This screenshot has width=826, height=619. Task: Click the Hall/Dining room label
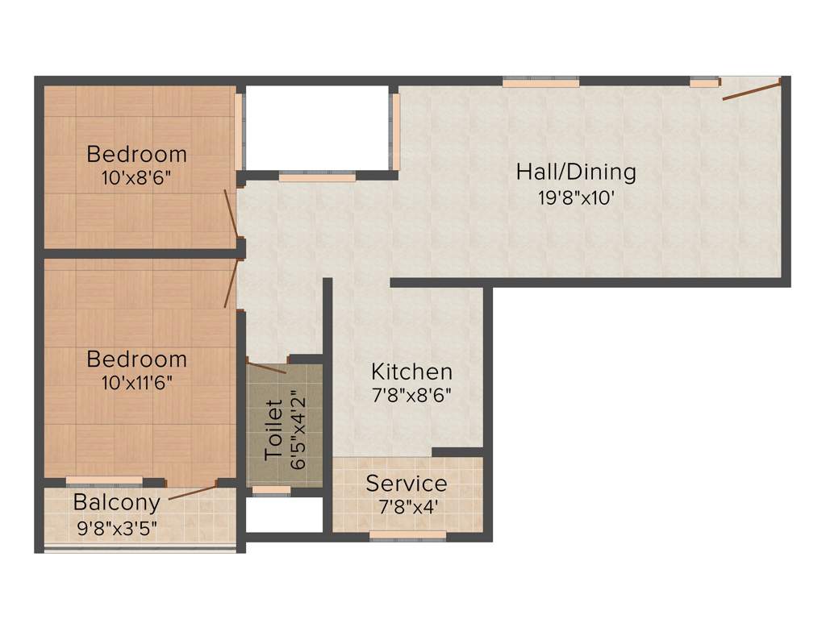(576, 172)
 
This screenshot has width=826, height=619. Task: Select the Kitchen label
(411, 372)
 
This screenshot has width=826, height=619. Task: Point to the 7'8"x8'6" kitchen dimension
(411, 396)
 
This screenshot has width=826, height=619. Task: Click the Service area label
(407, 484)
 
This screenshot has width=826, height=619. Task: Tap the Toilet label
(274, 430)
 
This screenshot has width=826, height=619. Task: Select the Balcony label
(116, 502)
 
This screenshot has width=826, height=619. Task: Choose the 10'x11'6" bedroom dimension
(136, 382)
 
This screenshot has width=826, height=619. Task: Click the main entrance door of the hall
(751, 89)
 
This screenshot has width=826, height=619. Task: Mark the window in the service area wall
(407, 534)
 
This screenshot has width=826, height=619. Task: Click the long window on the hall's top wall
(540, 82)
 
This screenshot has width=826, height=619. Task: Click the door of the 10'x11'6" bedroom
(231, 285)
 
